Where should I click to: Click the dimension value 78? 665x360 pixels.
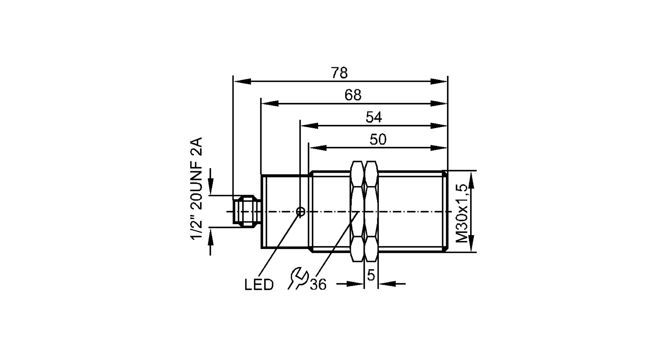click(x=339, y=73)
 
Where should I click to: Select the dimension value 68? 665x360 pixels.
click(x=353, y=95)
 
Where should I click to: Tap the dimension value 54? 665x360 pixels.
click(x=374, y=117)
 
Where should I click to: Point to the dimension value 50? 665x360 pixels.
click(x=378, y=140)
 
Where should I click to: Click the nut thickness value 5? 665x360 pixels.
click(x=371, y=275)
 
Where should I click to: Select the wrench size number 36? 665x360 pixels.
click(x=318, y=285)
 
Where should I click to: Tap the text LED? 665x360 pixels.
click(x=259, y=285)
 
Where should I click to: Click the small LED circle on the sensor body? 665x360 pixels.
click(x=300, y=211)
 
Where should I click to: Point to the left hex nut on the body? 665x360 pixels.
click(x=357, y=211)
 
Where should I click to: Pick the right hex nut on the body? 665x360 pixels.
click(x=371, y=211)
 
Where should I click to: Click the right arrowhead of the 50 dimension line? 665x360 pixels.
click(x=439, y=148)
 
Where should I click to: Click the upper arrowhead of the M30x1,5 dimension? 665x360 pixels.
click(x=471, y=180)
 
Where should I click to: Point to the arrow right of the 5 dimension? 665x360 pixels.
click(x=387, y=284)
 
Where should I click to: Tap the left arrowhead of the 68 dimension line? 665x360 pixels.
click(x=270, y=103)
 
